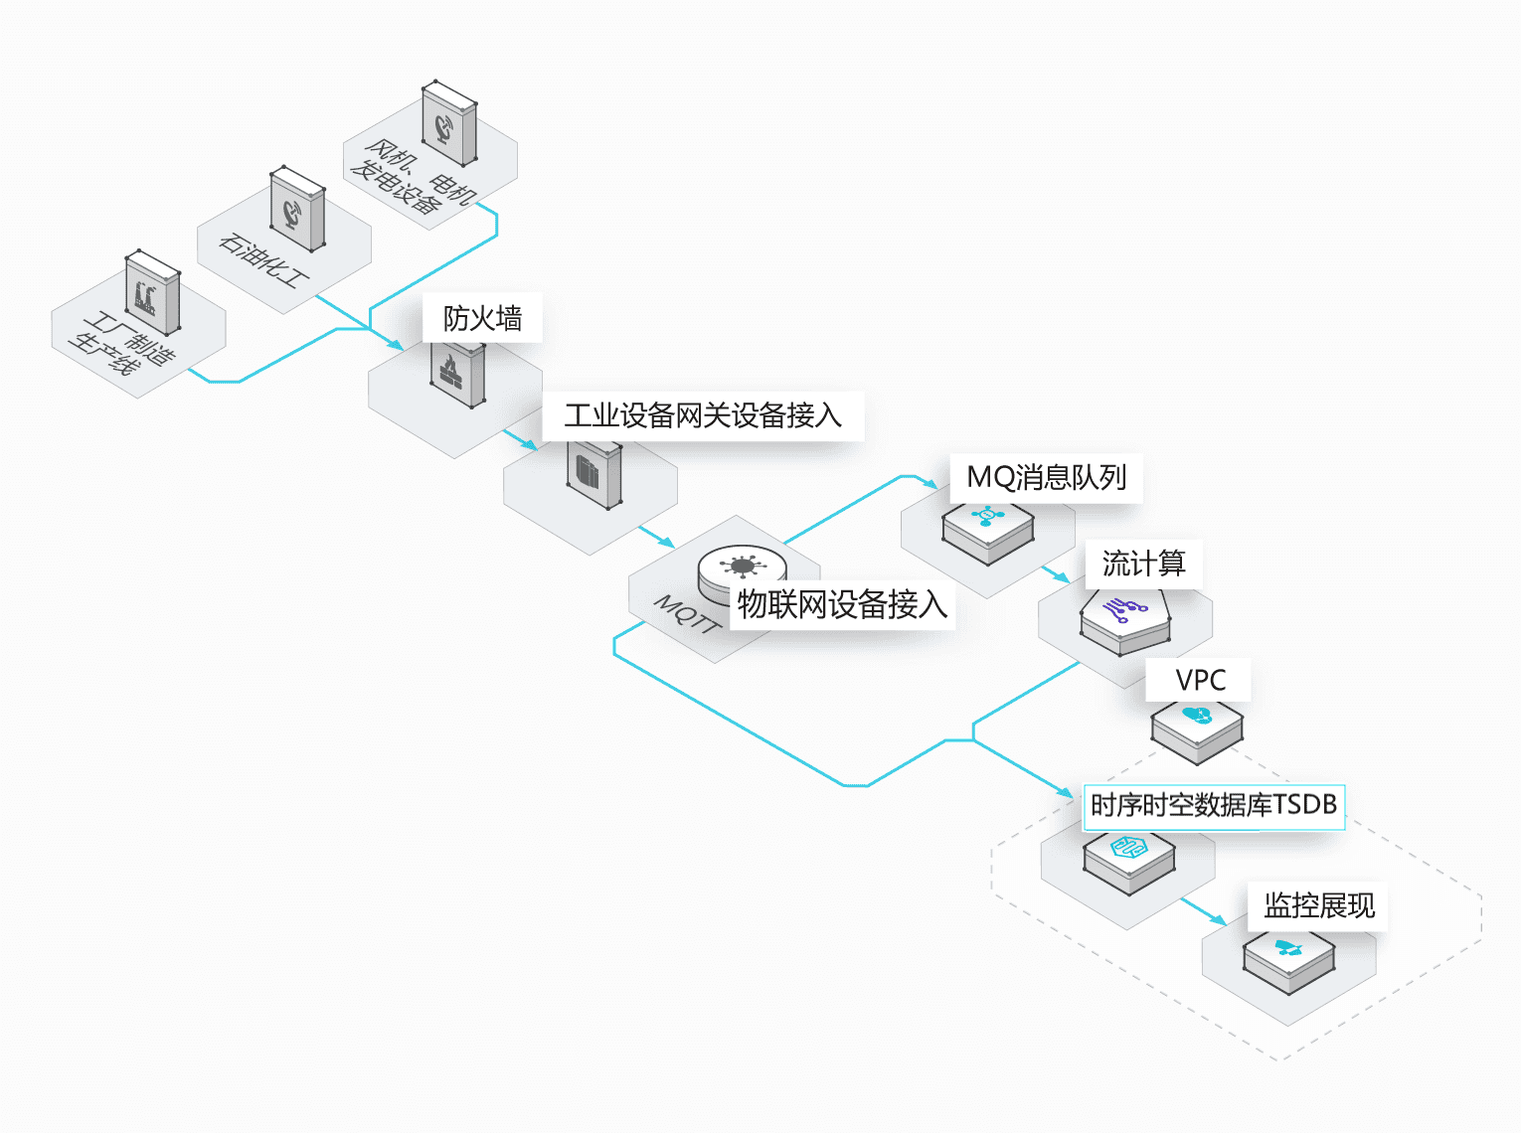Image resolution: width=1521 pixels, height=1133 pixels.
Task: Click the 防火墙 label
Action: click(483, 318)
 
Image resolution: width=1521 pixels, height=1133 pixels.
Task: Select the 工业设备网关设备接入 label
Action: click(703, 415)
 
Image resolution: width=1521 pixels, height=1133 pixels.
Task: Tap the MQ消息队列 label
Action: click(1047, 478)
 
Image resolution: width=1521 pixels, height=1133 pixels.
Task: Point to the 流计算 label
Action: click(1143, 565)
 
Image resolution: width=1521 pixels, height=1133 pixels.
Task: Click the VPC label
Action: click(1200, 681)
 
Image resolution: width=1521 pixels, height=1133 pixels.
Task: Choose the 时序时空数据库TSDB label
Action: click(1214, 805)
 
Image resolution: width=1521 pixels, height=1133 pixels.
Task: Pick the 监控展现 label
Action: click(1319, 905)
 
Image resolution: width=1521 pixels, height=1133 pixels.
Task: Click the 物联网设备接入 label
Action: click(842, 604)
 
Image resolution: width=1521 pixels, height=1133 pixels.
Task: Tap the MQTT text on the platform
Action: click(687, 613)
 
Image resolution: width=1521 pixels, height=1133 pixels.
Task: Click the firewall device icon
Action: click(457, 374)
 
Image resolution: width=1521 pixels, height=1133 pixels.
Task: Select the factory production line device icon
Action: click(152, 293)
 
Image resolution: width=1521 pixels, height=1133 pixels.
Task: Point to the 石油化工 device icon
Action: click(297, 210)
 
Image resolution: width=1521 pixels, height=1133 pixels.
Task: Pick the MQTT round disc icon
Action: click(742, 570)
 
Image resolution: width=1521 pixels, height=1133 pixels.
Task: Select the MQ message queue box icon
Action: click(987, 530)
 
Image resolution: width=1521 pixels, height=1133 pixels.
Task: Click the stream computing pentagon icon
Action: click(1125, 619)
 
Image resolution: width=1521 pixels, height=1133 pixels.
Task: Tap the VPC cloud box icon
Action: click(1197, 728)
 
